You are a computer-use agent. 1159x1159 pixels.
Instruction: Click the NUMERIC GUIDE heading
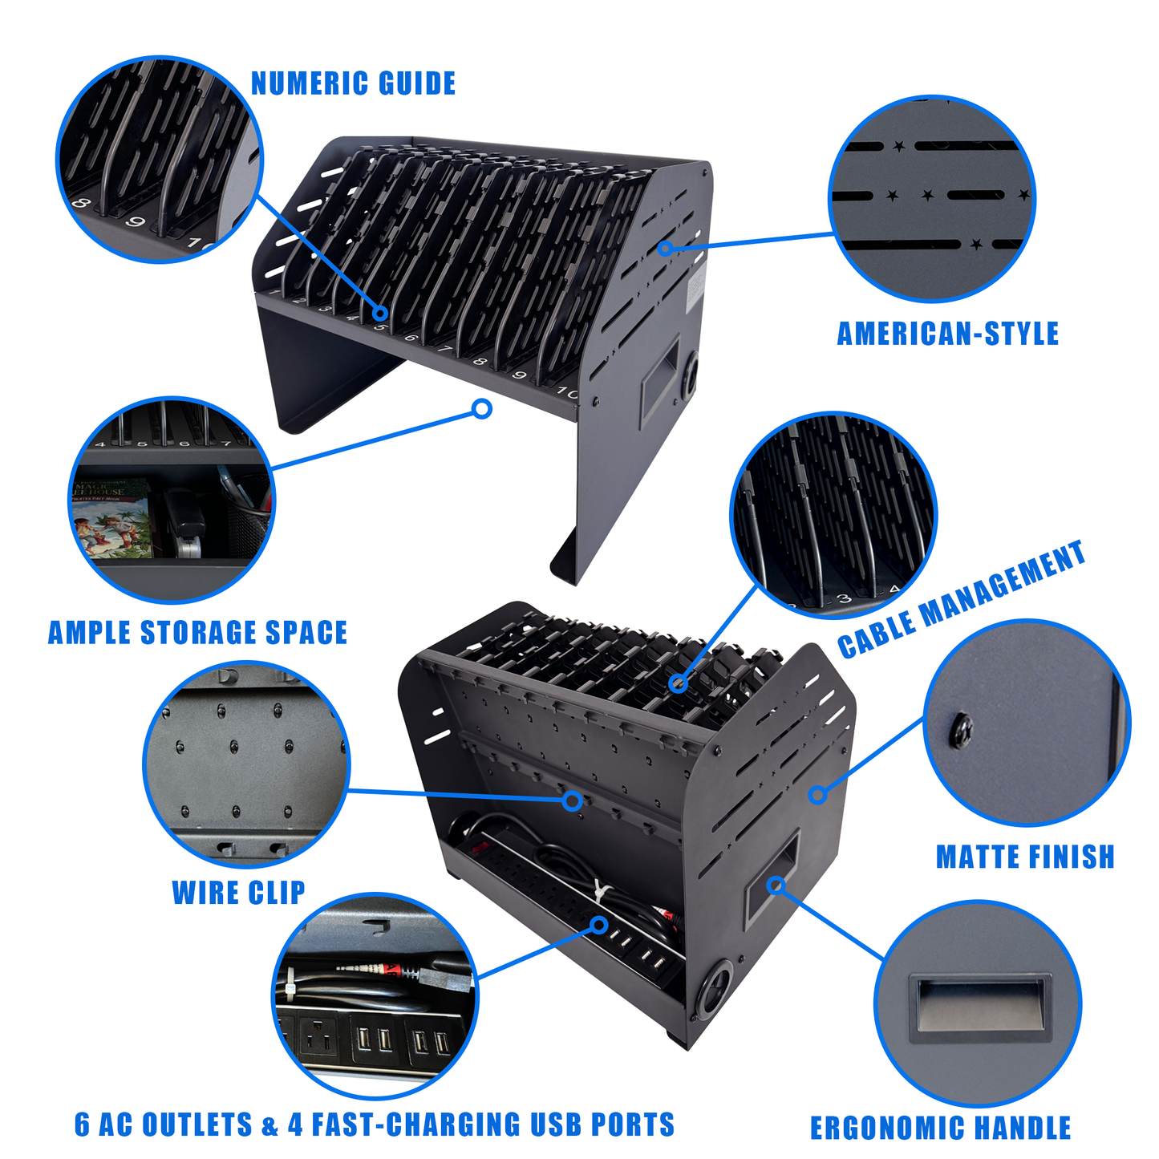click(353, 83)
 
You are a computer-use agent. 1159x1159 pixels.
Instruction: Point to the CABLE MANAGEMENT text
click(961, 598)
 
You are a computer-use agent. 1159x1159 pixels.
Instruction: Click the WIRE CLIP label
click(239, 892)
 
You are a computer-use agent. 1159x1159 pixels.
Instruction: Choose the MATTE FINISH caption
click(1025, 857)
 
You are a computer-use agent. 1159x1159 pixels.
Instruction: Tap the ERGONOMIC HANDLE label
click(940, 1128)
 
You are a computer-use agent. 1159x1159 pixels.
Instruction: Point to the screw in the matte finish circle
click(961, 730)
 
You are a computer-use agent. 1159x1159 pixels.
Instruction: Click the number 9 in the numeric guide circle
click(136, 223)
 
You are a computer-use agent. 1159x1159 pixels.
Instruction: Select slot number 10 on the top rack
click(566, 393)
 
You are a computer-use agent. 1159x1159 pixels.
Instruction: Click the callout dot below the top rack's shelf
click(482, 409)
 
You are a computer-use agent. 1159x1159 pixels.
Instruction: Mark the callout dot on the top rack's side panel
click(665, 247)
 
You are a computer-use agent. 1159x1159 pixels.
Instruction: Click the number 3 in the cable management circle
click(845, 598)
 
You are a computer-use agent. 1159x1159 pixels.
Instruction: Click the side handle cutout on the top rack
click(660, 382)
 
